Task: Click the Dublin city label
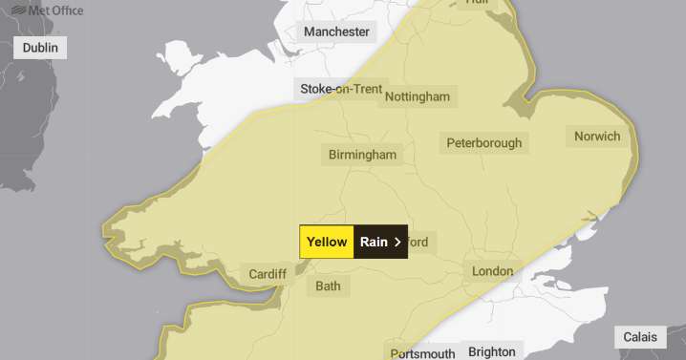pyautogui.click(x=40, y=48)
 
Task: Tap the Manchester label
pyautogui.click(x=336, y=32)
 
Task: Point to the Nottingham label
pyautogui.click(x=418, y=96)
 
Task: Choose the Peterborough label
pyautogui.click(x=484, y=143)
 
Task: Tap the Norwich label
pyautogui.click(x=597, y=136)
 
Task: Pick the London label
pyautogui.click(x=493, y=271)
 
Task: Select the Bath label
pyautogui.click(x=328, y=286)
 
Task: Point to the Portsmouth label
pyautogui.click(x=422, y=353)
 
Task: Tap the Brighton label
pyautogui.click(x=492, y=351)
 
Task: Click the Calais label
pyautogui.click(x=641, y=337)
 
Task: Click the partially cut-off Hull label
pyautogui.click(x=476, y=3)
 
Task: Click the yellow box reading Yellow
pyautogui.click(x=327, y=243)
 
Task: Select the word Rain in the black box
pyautogui.click(x=374, y=243)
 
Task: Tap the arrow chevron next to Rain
pyautogui.click(x=397, y=243)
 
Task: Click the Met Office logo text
pyautogui.click(x=55, y=11)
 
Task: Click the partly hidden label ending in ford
pyautogui.click(x=419, y=243)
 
